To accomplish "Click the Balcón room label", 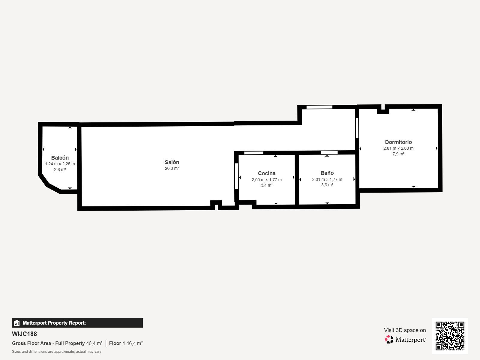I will pos(60,158).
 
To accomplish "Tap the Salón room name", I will pos(172,162).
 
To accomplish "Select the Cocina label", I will pos(266,173).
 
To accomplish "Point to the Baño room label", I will pos(327,173).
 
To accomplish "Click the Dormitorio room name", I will pos(398,142).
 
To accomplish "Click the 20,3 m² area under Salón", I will pos(172,169).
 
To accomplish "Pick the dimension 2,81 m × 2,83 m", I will pos(398,148).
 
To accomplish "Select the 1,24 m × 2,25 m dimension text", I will pos(60,164).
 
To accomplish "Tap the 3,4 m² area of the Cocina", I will pos(266,185).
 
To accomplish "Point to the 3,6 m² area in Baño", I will pos(327,185).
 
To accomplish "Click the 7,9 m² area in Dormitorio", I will pos(398,154).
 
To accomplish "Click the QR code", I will pos(450,336).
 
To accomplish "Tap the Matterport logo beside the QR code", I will pos(405,340).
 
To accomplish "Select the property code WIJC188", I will pos(24,334).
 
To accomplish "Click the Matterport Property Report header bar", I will pos(77,323).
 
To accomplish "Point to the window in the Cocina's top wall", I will pos(253,153).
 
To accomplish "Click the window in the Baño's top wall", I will pos(329,153).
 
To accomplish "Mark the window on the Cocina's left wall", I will pos(236,176).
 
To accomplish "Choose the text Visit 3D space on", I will pos(405,330).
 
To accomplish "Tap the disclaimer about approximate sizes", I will pos(56,352).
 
